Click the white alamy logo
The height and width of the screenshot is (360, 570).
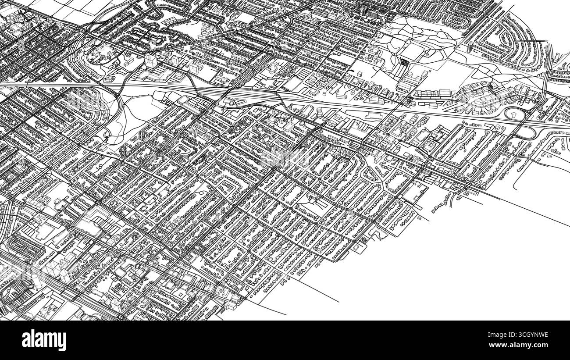coord(44,340)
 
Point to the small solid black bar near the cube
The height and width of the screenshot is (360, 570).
coord(353,70)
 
